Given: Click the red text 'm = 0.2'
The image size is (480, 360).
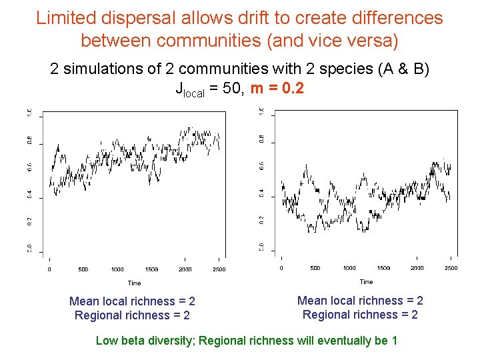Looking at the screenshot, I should click(277, 88).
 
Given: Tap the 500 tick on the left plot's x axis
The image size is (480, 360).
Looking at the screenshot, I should click(83, 269).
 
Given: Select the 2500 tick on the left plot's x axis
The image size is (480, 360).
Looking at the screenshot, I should click(219, 269).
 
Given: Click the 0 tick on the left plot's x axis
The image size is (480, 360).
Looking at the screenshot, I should click(49, 269).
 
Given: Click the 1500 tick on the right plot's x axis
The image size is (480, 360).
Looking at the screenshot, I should click(383, 268).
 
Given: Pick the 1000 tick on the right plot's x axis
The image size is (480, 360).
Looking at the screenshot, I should click(349, 268).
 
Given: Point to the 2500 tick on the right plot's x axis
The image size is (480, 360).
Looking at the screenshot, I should click(451, 268).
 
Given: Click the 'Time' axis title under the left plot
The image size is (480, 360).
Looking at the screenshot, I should click(134, 283).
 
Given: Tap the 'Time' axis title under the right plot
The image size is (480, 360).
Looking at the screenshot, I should click(366, 281).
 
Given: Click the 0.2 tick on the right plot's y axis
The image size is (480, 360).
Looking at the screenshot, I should click(262, 219).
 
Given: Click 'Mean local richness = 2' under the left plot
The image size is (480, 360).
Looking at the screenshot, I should click(132, 301).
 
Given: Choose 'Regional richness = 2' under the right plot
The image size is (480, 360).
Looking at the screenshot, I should click(360, 315).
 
